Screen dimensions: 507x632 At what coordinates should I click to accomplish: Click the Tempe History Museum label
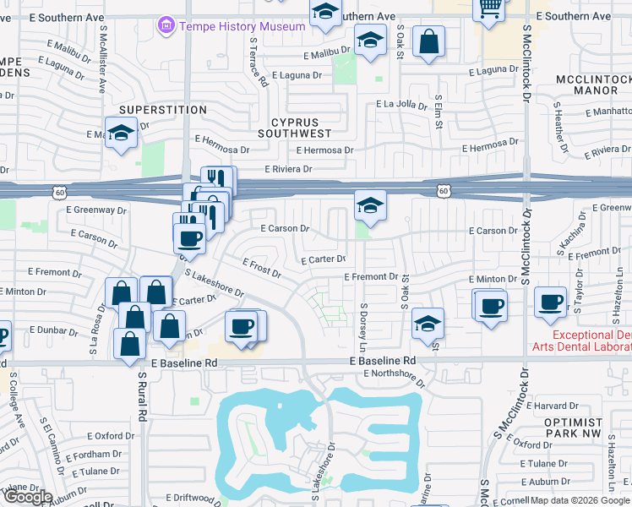click(242, 26)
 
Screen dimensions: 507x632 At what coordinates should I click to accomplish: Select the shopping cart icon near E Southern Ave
click(490, 8)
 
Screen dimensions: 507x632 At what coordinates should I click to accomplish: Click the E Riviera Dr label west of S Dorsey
click(288, 169)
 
